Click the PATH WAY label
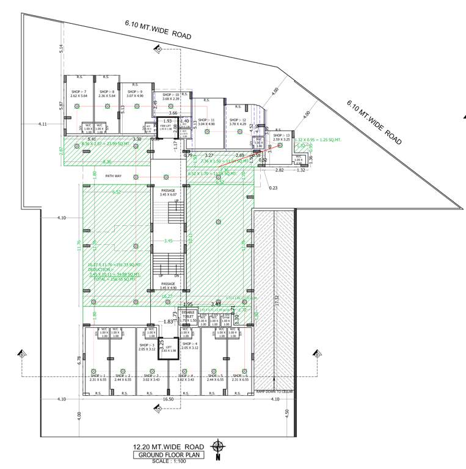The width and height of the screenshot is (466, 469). tap(114, 176)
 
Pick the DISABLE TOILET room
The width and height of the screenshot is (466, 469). tap(187, 317)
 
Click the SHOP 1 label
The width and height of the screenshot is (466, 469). tap(98, 377)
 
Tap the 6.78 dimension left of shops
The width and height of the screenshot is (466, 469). tap(79, 360)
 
